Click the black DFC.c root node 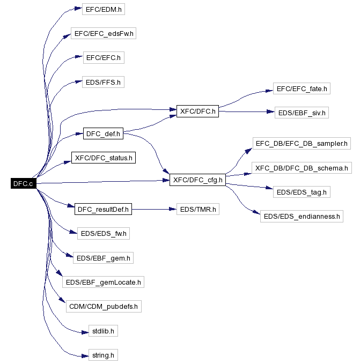point(23,183)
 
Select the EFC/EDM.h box point(97,10)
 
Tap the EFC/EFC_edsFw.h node point(104,34)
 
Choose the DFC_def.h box point(104,133)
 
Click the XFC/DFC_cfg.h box point(197,180)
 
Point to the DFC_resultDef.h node point(104,209)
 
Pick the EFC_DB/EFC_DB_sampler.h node point(302,143)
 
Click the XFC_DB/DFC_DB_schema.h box point(302,168)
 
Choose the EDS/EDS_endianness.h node point(302,217)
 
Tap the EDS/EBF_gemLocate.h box point(104,282)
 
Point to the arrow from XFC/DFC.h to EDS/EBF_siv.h point(245,112)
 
